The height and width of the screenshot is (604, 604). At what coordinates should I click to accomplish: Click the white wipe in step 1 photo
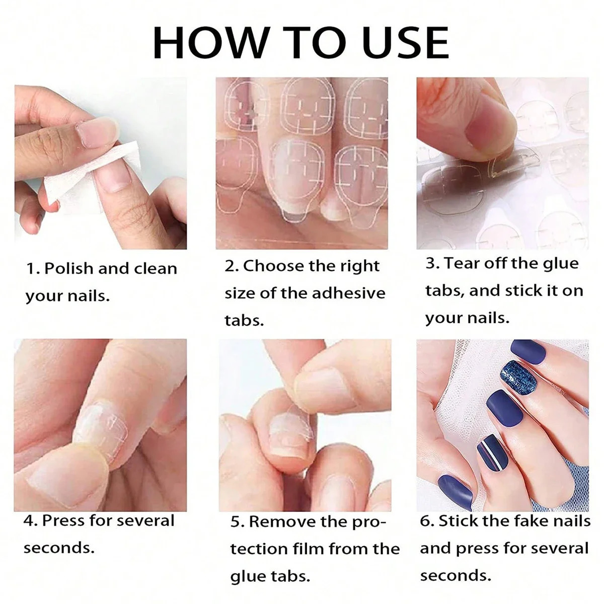[91, 176]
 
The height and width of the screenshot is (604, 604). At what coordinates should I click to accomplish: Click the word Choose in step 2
[274, 266]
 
